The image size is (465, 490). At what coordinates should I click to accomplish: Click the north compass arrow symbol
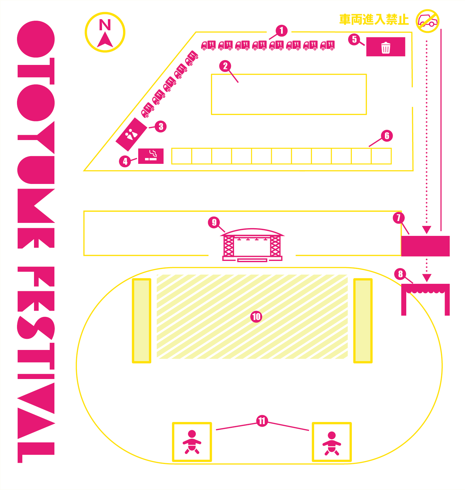point(105,40)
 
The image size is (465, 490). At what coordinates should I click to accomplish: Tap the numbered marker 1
point(281,31)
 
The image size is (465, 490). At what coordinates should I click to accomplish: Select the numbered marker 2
point(225,66)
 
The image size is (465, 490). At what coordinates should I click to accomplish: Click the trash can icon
point(386,48)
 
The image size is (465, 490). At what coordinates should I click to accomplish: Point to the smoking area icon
point(151,156)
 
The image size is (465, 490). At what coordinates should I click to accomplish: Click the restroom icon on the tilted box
point(131,134)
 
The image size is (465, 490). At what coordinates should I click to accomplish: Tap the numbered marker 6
point(387,136)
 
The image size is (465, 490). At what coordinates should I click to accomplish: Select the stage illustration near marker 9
point(252,245)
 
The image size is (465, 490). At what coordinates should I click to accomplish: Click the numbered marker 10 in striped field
point(256,317)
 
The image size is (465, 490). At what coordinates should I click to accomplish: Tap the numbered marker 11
point(262,421)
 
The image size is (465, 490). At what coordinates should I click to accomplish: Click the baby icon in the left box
point(192,442)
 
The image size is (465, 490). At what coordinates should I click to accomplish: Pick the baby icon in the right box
point(332,443)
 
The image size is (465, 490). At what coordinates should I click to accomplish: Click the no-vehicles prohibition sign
point(428,21)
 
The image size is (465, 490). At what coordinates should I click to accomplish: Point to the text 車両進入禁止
point(374,19)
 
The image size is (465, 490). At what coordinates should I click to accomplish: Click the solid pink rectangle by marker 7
point(425,246)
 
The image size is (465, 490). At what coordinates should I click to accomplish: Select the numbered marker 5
point(354,39)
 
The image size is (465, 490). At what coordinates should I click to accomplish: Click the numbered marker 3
point(161,126)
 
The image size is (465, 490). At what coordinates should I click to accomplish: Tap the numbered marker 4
point(125,161)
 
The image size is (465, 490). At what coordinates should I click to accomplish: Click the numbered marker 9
point(214,222)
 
